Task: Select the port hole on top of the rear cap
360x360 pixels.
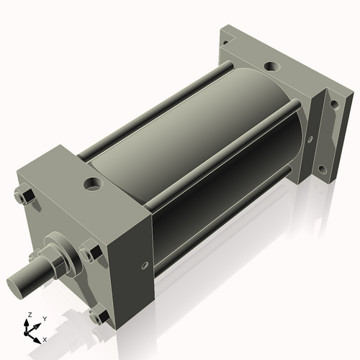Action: pyautogui.click(x=272, y=68)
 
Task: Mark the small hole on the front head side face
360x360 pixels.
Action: pyautogui.click(x=147, y=266)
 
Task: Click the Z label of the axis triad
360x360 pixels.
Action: pyautogui.click(x=29, y=315)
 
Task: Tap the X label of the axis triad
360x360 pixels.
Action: pyautogui.click(x=45, y=338)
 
